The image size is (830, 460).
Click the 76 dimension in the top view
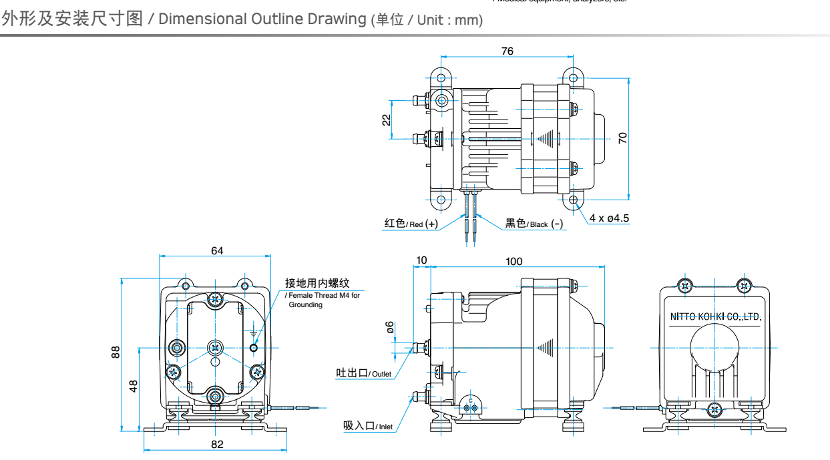507,51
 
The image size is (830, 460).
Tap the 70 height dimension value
623,138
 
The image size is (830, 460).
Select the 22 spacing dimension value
386,120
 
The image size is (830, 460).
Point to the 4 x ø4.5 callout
609,218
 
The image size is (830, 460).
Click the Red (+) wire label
411,224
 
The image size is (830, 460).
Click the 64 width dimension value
217,251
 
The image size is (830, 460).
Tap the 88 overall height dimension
116,353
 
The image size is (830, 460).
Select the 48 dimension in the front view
133,386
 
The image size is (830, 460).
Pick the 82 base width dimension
217,444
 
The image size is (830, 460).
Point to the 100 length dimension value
514,261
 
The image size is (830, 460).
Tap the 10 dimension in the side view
421,260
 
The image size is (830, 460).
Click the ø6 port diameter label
391,327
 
